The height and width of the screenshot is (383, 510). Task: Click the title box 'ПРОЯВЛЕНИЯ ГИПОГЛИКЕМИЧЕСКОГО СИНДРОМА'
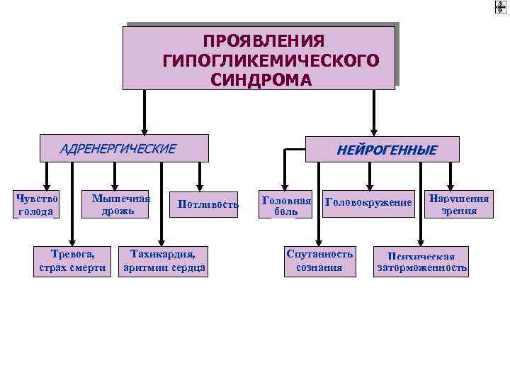click(x=259, y=58)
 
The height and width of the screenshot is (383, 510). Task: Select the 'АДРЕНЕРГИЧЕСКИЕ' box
click(x=125, y=148)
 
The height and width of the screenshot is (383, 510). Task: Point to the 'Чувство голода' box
click(x=36, y=204)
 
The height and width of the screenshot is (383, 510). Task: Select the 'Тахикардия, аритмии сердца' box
click(x=164, y=260)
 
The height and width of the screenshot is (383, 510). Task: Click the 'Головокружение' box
click(x=368, y=204)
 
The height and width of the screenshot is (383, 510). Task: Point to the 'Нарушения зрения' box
click(x=459, y=204)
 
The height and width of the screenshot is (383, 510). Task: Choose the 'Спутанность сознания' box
click(x=319, y=260)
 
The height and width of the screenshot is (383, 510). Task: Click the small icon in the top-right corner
click(x=500, y=8)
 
